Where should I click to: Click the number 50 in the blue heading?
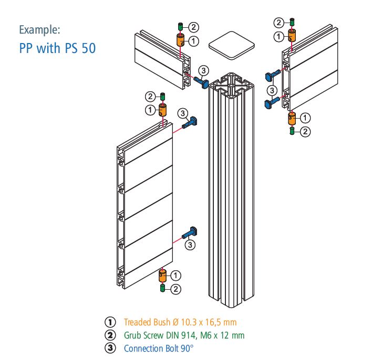tap(87, 48)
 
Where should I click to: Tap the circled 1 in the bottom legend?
tap(111, 322)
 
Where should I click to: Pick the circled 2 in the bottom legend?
tap(111, 335)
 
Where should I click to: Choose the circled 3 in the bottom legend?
tap(111, 347)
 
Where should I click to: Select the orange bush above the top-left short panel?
tap(180, 40)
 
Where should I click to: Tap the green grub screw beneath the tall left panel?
tap(163, 288)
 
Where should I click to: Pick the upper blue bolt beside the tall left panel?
tap(191, 123)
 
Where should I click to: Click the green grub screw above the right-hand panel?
tap(293, 23)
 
